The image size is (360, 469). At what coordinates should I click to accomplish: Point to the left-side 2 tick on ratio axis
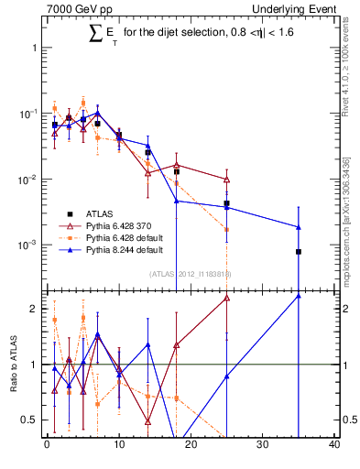pos(36,309)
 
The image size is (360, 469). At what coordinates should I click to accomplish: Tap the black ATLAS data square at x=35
pos(299,251)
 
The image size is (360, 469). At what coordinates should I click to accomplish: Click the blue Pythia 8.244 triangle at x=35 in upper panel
pos(299,227)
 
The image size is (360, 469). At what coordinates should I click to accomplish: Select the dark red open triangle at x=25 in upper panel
pos(226,180)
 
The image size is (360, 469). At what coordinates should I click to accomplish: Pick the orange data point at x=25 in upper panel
pos(226,229)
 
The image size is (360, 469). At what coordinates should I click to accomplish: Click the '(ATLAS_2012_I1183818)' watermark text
pos(191,273)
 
